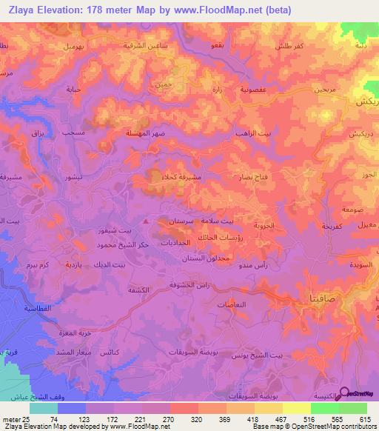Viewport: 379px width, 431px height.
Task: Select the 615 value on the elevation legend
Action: (365, 418)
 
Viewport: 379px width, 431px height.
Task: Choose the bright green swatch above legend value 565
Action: (325, 407)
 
